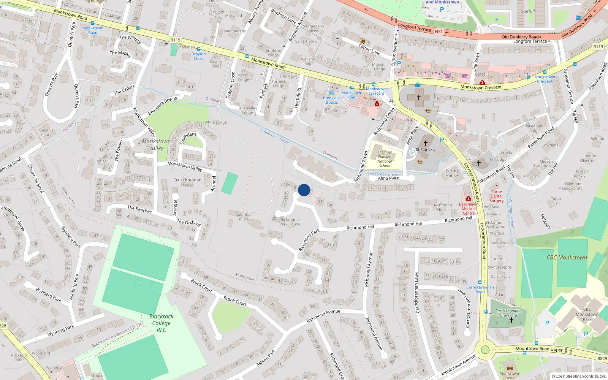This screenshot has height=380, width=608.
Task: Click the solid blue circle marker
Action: pyautogui.click(x=304, y=190)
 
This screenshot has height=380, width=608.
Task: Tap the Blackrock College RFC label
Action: pyautogui.click(x=161, y=323)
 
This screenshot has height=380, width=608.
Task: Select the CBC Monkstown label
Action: pyautogui.click(x=567, y=258)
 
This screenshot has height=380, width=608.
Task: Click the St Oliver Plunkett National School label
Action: pyautogui.click(x=385, y=159)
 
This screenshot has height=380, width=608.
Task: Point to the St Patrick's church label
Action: pyautogui.click(x=425, y=149)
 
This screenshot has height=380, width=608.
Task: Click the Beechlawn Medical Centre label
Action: pyautogui.click(x=469, y=209)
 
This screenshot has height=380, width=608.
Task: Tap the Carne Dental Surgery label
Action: pyautogui.click(x=496, y=196)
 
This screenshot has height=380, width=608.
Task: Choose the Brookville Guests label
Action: pyautogui.click(x=332, y=100)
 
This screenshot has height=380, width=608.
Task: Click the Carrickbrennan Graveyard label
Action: pyautogui.click(x=508, y=313)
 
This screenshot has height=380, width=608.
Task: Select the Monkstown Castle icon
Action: pyautogui.click(x=510, y=368)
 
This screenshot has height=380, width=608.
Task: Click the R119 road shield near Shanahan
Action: pyautogui.click(x=175, y=40)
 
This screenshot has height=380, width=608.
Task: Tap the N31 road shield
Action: pyautogui.click(x=439, y=32)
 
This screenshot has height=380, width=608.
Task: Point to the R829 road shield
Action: pyautogui.click(x=602, y=358)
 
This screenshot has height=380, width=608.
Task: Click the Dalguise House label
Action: pyautogui.click(x=243, y=217)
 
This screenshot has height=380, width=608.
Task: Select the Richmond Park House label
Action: pyautogui.click(x=290, y=222)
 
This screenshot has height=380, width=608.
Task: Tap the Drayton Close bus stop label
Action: pyautogui.click(x=198, y=56)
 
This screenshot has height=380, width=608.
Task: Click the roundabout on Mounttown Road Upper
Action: pyautogui.click(x=485, y=350)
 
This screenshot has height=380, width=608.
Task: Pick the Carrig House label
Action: pyautogui.click(x=451, y=173)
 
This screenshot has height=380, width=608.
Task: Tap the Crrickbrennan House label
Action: pyautogui.click(x=187, y=182)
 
